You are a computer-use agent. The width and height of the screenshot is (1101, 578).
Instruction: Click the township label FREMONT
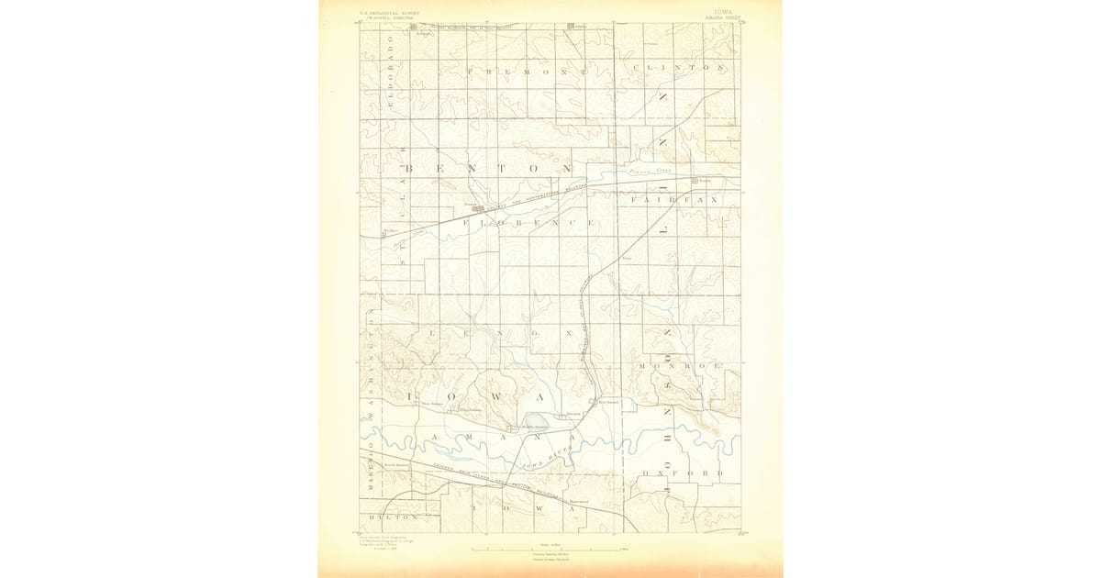(x=528, y=71)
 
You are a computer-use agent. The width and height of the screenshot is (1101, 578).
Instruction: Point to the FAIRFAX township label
(x=678, y=198)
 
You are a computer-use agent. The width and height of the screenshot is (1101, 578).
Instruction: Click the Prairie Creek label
(x=651, y=172)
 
